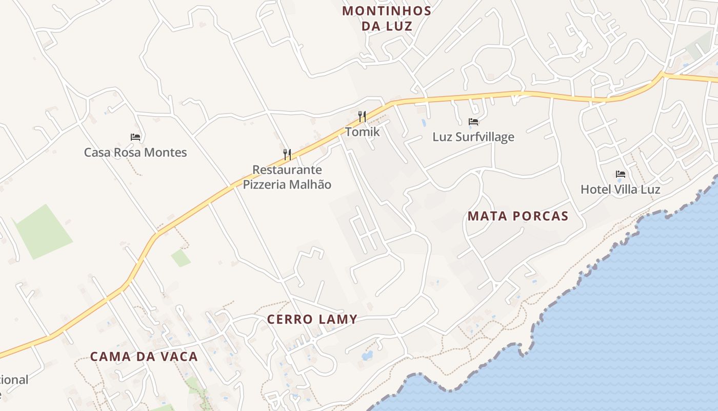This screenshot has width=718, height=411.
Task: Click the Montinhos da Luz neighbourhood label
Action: click(387, 18)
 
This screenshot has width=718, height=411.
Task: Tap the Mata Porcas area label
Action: click(517, 216)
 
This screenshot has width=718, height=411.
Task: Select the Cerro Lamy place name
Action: click(312, 319)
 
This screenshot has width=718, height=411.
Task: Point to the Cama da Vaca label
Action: click(144, 357)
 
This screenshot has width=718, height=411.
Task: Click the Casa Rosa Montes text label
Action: click(135, 153)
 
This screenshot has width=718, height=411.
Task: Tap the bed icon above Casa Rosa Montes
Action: click(135, 137)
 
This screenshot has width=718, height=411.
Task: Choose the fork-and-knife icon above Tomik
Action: click(362, 116)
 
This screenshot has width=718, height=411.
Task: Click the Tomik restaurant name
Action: click(362, 132)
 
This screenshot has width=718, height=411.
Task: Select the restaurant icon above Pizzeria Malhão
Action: click(287, 154)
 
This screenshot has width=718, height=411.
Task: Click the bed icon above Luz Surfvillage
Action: click(473, 122)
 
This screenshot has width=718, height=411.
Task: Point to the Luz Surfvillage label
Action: click(473, 137)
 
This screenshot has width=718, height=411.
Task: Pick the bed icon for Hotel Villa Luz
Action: click(621, 174)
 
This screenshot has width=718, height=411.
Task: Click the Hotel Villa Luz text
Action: click(620, 190)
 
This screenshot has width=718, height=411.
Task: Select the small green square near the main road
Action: click(181, 258)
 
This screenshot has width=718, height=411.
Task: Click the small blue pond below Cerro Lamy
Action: click(367, 355)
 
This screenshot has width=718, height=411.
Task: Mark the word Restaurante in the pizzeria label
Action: click(287, 170)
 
